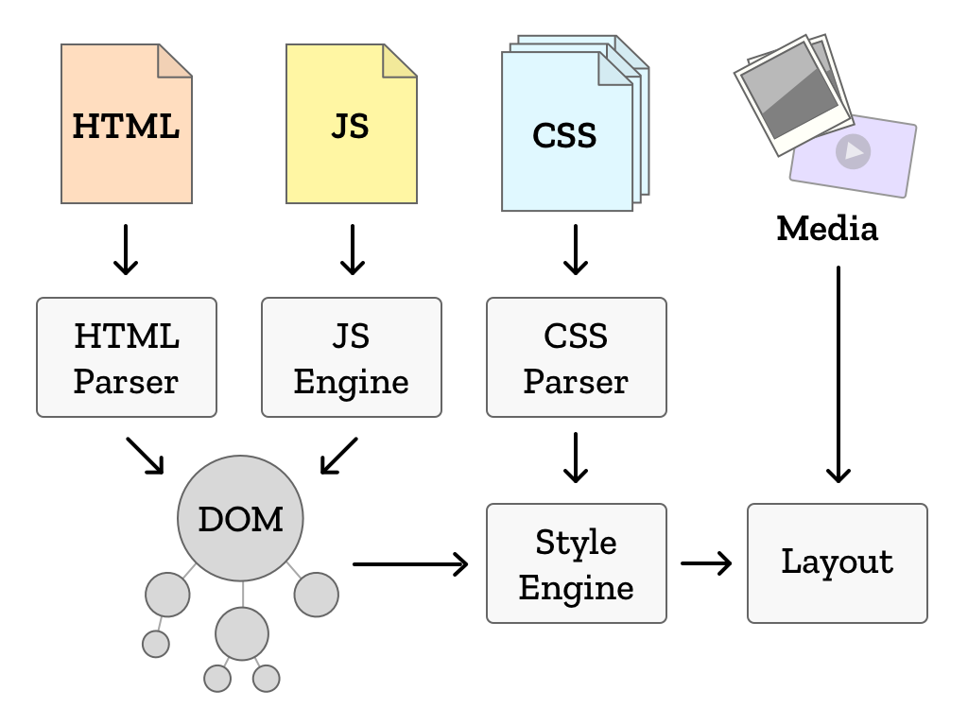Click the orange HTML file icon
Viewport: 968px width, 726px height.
[126, 132]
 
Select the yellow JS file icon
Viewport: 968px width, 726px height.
[351, 132]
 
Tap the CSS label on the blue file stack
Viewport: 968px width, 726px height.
[564, 136]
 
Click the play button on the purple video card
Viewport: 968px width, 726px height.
[853, 151]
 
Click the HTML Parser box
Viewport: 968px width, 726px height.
[126, 357]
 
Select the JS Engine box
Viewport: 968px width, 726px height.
[351, 357]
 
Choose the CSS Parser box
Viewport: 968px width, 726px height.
[576, 357]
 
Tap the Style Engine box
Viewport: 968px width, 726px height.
[576, 563]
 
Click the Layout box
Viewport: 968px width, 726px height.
[837, 563]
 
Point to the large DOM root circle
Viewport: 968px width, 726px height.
[240, 518]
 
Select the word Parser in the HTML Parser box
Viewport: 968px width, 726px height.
[126, 382]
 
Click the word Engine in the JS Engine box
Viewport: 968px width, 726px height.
[351, 382]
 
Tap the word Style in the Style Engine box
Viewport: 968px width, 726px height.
[576, 543]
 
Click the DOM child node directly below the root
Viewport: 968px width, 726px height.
[242, 633]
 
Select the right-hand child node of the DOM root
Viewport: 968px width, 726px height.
[316, 595]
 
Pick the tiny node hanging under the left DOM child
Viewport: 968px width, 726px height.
[156, 645]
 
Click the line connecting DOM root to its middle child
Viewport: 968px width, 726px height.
[243, 594]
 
